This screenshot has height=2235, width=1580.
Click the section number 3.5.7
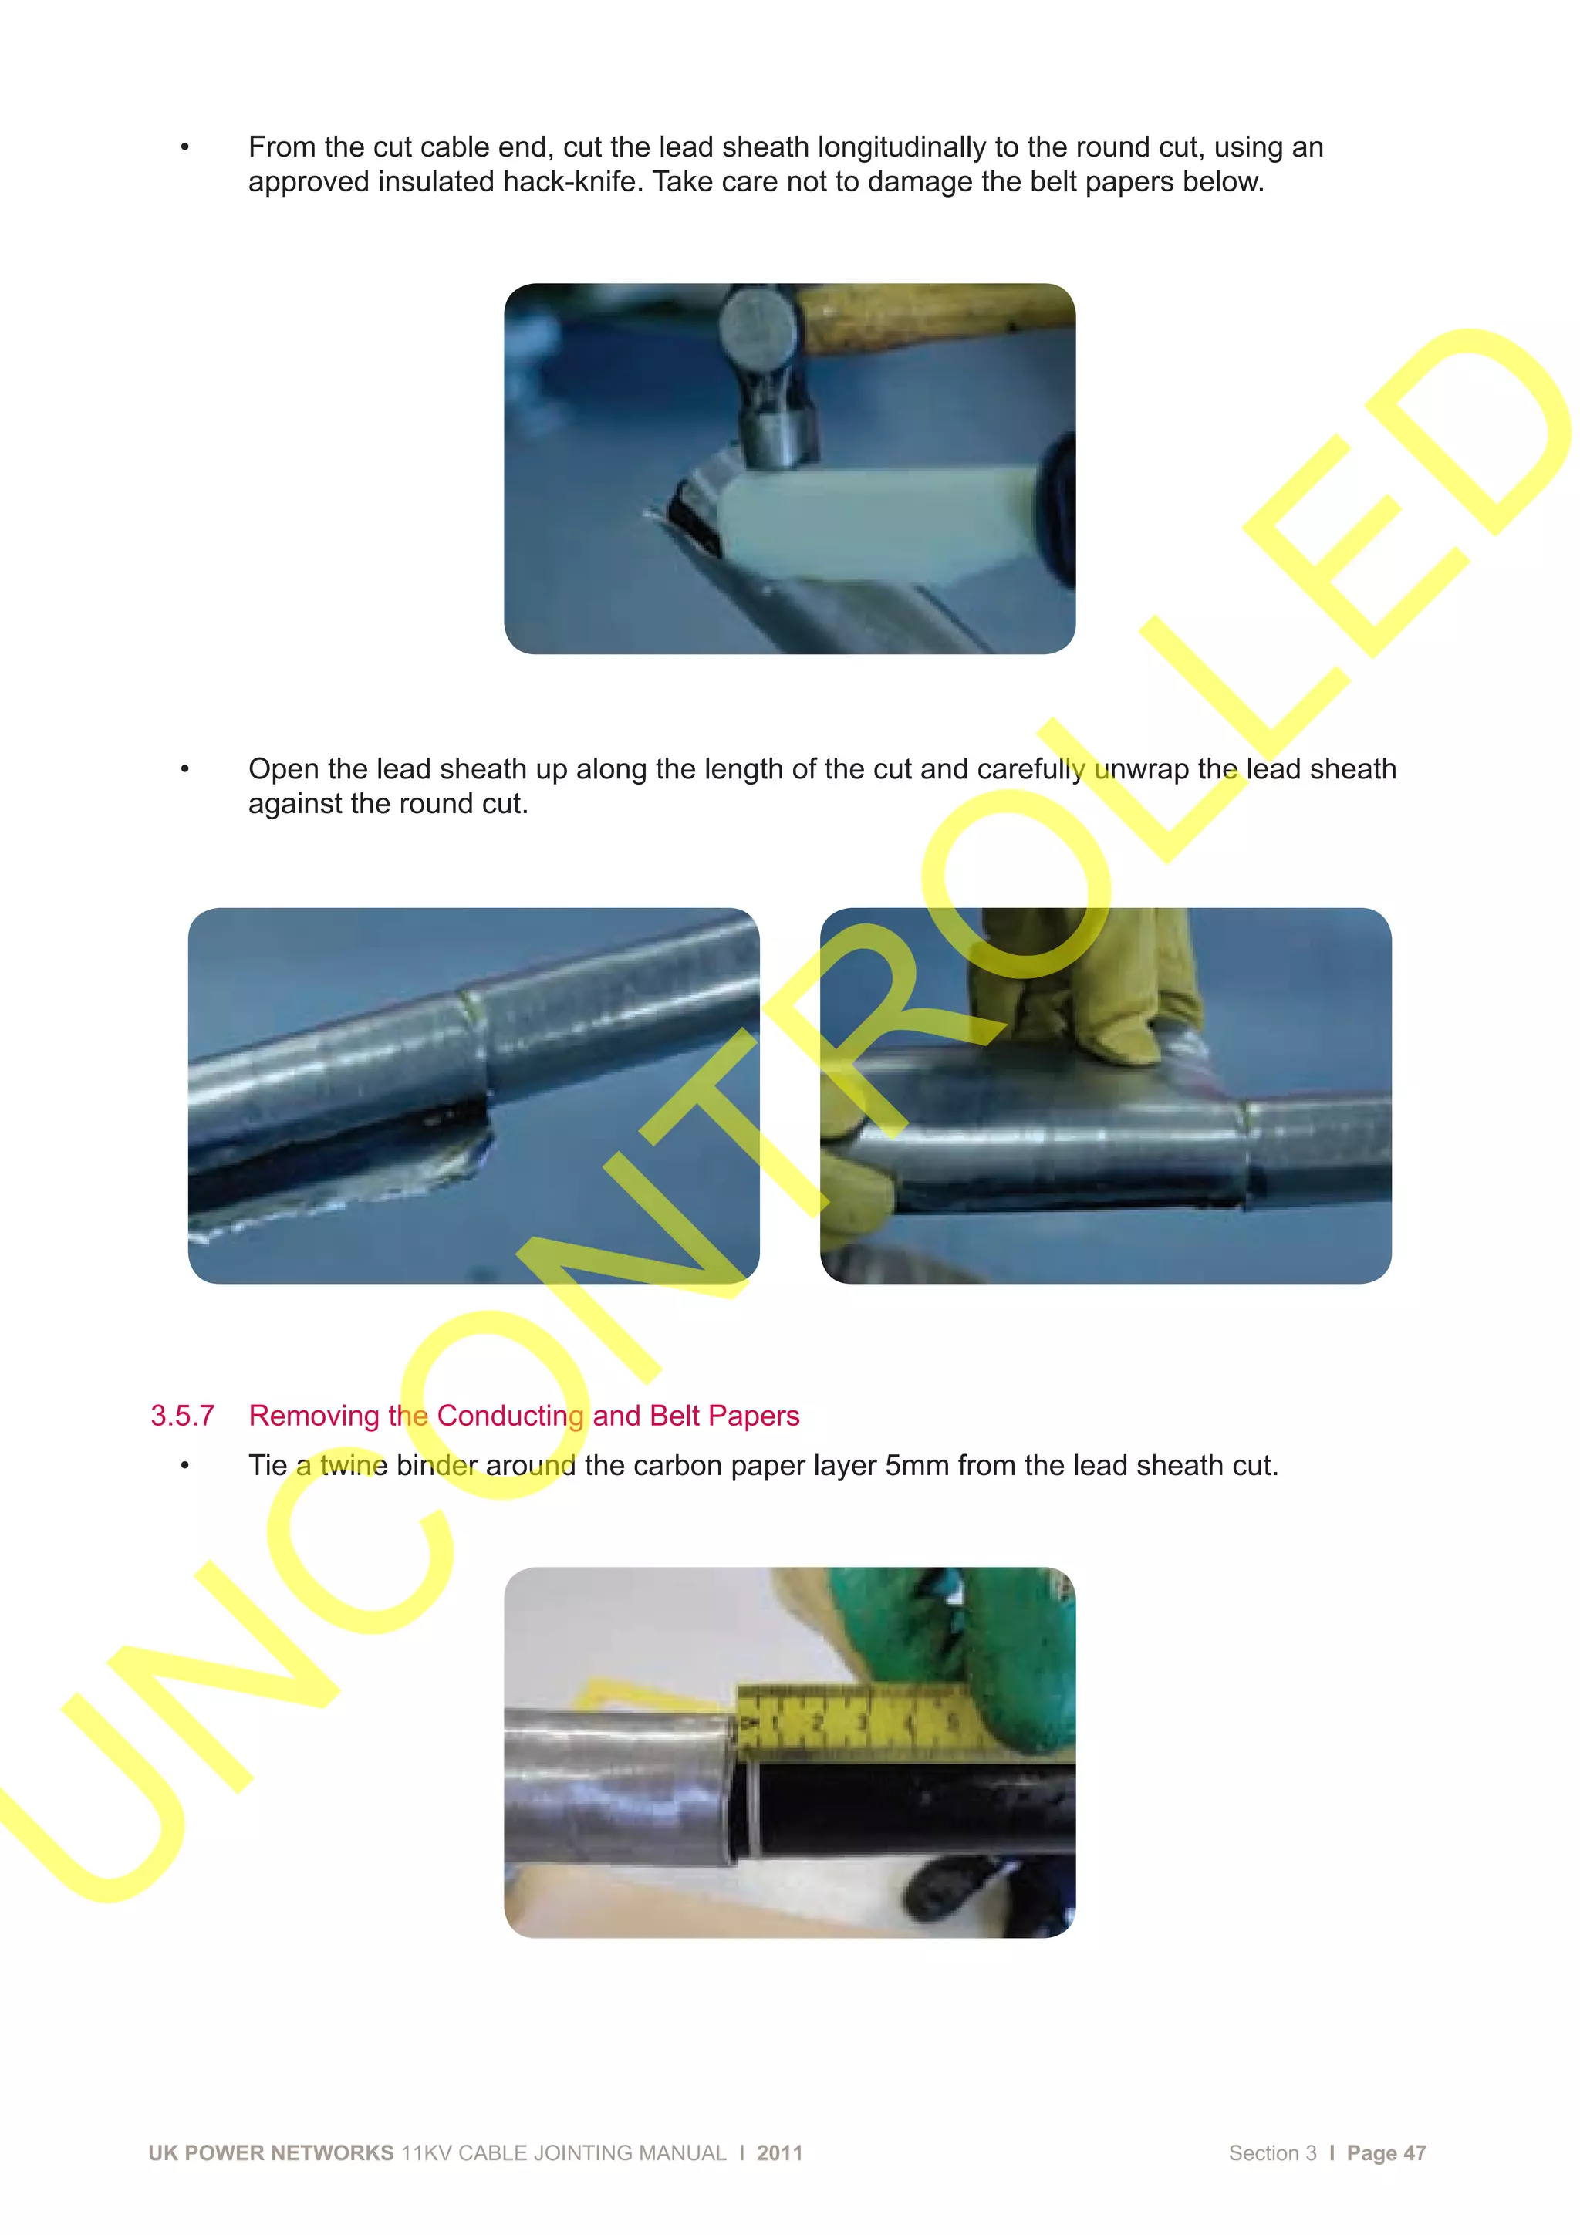point(182,1416)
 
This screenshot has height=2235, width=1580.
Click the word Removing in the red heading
point(312,1416)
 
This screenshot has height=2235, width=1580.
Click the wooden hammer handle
point(934,316)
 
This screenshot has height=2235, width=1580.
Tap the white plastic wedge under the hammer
point(876,525)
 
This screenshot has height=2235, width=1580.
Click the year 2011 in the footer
point(780,2153)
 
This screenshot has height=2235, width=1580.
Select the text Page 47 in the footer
point(1386,2153)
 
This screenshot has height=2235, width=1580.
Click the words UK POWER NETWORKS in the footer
point(271,2153)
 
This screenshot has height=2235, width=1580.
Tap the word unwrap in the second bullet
point(1141,769)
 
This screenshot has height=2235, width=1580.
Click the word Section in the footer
point(1263,2153)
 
